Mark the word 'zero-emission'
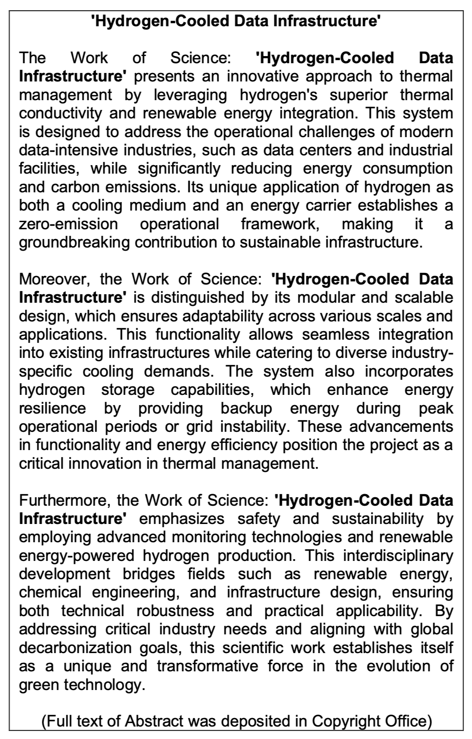[68, 224]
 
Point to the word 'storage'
[128, 390]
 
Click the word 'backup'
[246, 408]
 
